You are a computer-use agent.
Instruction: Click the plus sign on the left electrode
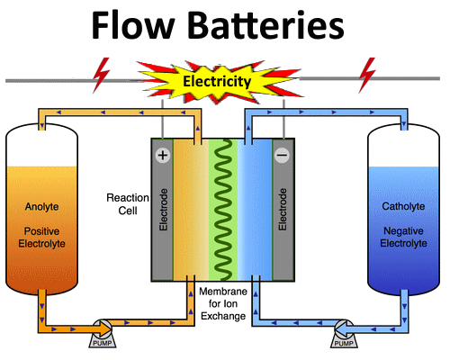pos(163,156)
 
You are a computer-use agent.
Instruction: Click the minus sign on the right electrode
pos(282,156)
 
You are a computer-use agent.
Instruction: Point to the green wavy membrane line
pos(221,211)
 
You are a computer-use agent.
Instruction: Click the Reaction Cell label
pos(121,202)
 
